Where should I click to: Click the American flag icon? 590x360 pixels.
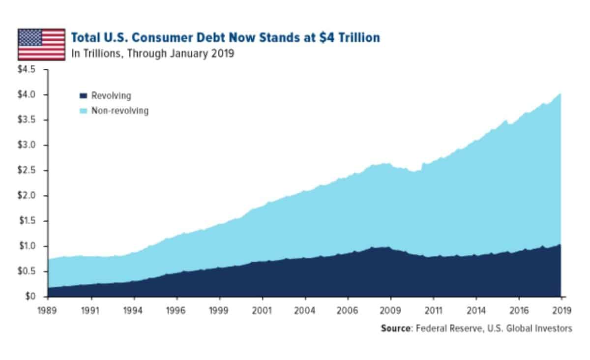pos(41,44)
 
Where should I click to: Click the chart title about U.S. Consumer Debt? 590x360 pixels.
pos(225,37)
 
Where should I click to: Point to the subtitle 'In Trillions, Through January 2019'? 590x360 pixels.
pos(152,54)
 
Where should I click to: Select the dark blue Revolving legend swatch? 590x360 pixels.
pos(83,96)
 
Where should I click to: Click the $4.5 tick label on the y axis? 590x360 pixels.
pos(27,69)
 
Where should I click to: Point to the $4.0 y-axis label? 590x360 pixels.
pos(27,94)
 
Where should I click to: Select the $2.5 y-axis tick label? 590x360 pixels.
pos(27,170)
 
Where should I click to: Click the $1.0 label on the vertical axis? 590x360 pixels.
pos(27,246)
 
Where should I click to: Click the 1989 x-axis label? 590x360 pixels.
pos(48,310)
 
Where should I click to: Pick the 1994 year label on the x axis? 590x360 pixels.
pos(134,310)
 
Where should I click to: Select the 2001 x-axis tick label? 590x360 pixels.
pos(262,310)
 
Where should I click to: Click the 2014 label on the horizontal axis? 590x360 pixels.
pos(476,310)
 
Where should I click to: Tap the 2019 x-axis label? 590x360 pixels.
pos(561,310)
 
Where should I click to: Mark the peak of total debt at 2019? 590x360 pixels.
pos(560,94)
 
